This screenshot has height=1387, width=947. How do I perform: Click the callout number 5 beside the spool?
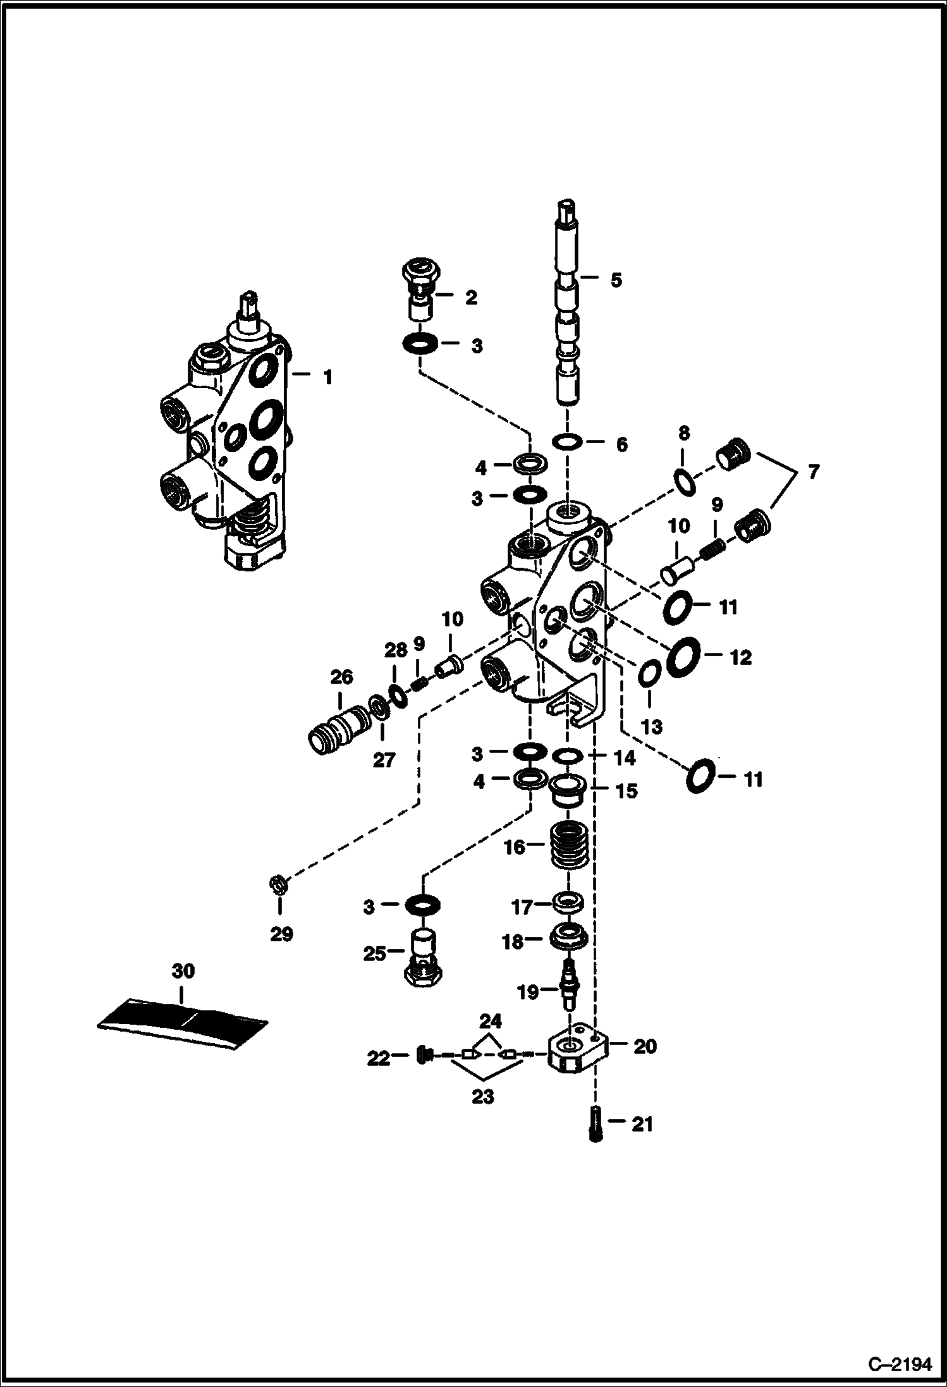point(615,280)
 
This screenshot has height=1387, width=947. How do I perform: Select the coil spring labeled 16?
point(569,846)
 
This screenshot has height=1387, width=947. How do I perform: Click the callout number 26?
point(341,678)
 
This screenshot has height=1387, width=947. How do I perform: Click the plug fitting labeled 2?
point(421,295)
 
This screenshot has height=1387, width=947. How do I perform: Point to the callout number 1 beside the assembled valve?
point(327,377)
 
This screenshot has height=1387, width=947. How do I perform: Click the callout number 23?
point(482,1097)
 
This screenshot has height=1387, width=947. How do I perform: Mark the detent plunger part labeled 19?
point(568,991)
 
